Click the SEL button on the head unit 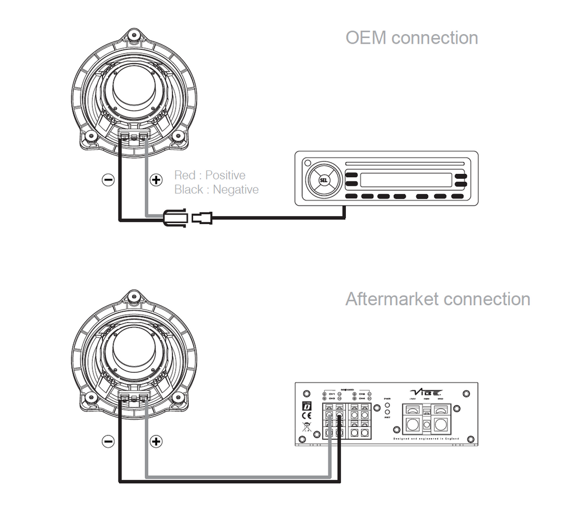(324, 180)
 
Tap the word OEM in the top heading (366, 38)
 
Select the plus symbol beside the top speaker (156, 179)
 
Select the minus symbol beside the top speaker (108, 179)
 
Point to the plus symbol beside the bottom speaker (156, 441)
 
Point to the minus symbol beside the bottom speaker (108, 441)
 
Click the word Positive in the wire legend (225, 176)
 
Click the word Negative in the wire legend (236, 189)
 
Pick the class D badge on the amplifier (306, 406)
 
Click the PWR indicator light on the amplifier (387, 404)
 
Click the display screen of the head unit (406, 180)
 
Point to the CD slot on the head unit (405, 164)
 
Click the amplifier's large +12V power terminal (413, 424)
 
